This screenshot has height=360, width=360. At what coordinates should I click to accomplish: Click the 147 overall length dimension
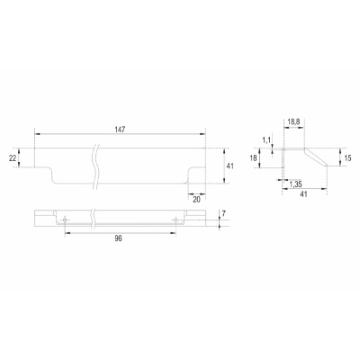120,130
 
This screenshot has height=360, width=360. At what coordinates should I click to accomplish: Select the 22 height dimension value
13,157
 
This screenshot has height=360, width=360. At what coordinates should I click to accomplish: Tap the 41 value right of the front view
230,166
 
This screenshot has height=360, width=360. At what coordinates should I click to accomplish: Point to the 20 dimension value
196,200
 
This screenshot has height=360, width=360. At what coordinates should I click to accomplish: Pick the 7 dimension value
224,213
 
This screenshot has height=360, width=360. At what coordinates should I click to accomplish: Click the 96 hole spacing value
119,238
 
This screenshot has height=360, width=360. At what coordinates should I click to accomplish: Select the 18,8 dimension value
293,122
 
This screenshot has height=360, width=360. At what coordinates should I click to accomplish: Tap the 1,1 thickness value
266,139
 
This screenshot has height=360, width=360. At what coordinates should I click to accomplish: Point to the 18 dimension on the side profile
254,157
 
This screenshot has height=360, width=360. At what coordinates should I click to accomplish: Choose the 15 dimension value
347,157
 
